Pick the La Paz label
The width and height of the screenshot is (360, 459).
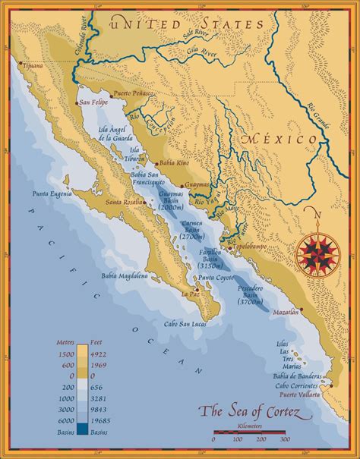(x=189, y=294)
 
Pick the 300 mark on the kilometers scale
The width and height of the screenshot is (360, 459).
(x=285, y=439)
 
